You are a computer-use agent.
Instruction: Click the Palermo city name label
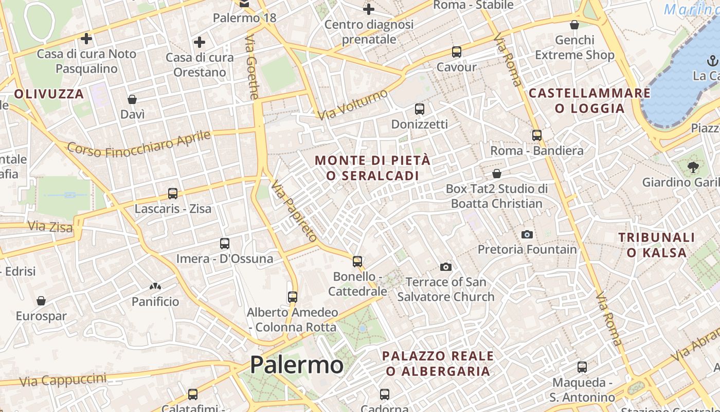click(297, 365)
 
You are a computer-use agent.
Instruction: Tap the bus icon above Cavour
click(456, 52)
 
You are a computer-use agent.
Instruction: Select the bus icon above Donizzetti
click(420, 109)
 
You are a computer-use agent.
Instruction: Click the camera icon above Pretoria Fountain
click(527, 235)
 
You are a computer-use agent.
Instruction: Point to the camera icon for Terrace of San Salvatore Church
click(446, 267)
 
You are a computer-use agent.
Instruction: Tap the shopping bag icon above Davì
click(132, 99)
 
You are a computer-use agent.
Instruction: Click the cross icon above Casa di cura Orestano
click(200, 42)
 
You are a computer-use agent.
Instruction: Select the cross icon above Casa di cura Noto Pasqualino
click(86, 39)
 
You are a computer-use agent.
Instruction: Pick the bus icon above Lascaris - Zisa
click(173, 194)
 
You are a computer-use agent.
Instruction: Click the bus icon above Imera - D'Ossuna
click(224, 244)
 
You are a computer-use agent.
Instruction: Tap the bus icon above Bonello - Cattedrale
click(357, 262)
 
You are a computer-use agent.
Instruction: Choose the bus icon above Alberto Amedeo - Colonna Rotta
click(293, 297)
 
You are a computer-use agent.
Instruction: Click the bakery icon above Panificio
click(155, 286)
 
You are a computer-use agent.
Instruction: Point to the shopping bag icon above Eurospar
click(41, 301)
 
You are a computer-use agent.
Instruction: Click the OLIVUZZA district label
click(49, 94)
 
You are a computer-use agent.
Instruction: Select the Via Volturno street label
click(352, 105)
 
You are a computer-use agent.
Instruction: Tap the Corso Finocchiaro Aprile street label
click(139, 144)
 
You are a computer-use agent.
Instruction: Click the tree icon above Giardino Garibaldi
click(693, 167)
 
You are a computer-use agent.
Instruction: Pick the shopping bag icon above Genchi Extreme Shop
click(574, 25)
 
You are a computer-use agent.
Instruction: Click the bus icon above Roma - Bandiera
click(537, 135)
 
